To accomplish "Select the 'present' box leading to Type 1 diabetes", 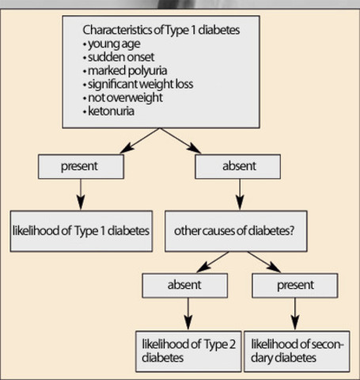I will [x=80, y=167].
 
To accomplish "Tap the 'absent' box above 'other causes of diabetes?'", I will [x=238, y=167].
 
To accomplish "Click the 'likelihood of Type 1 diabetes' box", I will [x=81, y=230].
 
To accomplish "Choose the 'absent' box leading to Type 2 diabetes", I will [x=184, y=285].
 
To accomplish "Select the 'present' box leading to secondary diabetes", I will [x=294, y=285].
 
